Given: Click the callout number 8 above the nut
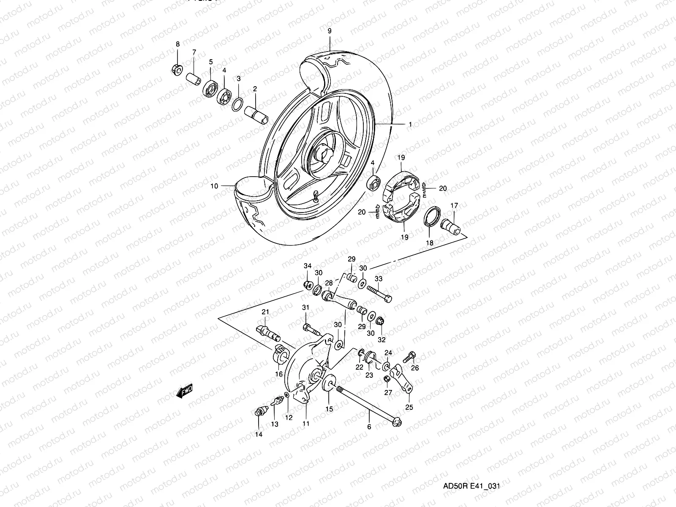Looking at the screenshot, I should (177, 44).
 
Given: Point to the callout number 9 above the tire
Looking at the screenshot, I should (330, 31).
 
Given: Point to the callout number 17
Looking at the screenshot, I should (454, 206).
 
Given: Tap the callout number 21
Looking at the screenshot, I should (265, 312).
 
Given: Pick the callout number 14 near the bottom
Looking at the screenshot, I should (259, 434).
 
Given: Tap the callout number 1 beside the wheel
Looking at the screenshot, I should (409, 125).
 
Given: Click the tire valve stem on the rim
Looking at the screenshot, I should (315, 196).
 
